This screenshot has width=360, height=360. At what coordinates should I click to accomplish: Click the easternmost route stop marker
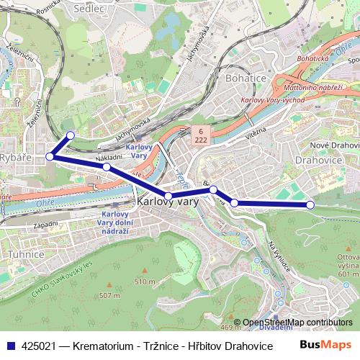tap(310, 205)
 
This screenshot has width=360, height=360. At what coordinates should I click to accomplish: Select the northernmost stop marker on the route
tap(70, 135)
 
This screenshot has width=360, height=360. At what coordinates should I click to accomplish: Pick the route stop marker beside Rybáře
tap(50, 156)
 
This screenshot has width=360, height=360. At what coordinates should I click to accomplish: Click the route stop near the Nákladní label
tap(106, 167)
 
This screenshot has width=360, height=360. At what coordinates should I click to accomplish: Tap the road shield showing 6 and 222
tap(198, 135)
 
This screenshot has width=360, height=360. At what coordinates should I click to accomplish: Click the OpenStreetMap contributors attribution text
tap(297, 323)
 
